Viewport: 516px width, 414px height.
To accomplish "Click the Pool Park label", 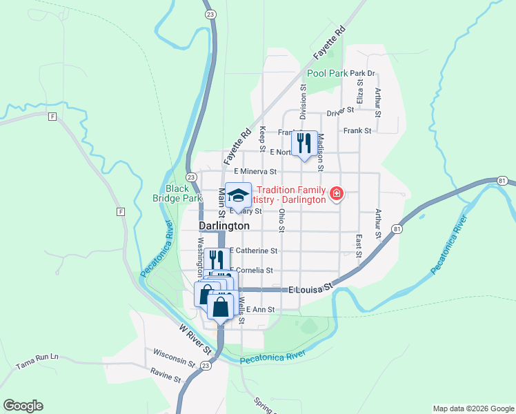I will tap(326, 73).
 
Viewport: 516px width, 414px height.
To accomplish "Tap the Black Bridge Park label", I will tap(177, 193).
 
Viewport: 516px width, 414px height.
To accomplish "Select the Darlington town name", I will tap(224, 226).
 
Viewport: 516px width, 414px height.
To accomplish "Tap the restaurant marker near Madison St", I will tap(304, 144).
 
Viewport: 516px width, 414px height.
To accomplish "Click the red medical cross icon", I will tap(336, 194).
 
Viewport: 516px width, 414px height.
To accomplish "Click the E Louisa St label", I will tap(310, 286).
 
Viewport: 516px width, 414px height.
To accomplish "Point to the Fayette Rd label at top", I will tap(328, 43).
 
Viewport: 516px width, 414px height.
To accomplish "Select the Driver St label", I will tap(340, 110).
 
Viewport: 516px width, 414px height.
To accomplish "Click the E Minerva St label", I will tap(255, 171).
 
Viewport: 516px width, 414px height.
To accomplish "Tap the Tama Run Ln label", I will tap(37, 357).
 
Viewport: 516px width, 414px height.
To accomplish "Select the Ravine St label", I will tap(166, 375).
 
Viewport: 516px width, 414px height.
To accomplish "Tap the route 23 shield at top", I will tap(210, 13).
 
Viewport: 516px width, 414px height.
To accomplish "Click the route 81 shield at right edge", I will tap(502, 181).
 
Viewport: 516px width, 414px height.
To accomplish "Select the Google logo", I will tap(23, 406).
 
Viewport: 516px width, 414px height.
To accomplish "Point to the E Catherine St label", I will tap(253, 251).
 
